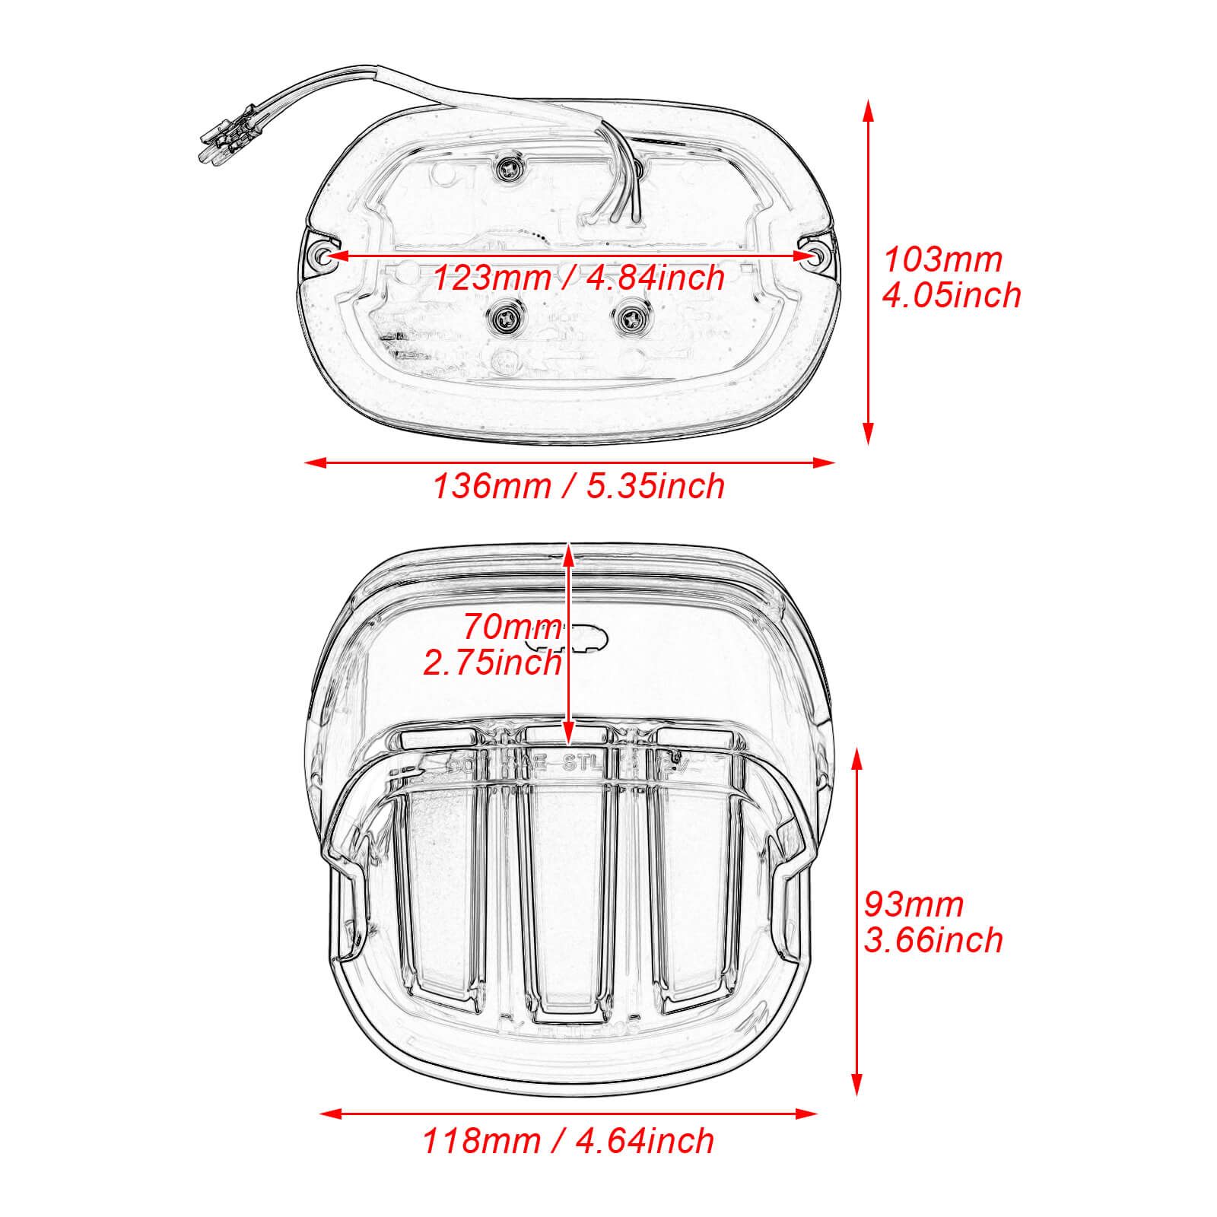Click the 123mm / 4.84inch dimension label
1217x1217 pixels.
(x=578, y=278)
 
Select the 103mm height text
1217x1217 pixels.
(x=942, y=260)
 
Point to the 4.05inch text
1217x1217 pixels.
(x=951, y=296)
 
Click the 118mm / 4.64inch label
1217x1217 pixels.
(x=568, y=1142)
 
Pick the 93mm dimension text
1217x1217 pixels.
(x=913, y=905)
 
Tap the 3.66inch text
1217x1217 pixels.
(x=933, y=941)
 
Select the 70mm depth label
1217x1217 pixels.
(x=511, y=628)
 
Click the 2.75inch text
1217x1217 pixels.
(x=492, y=663)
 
